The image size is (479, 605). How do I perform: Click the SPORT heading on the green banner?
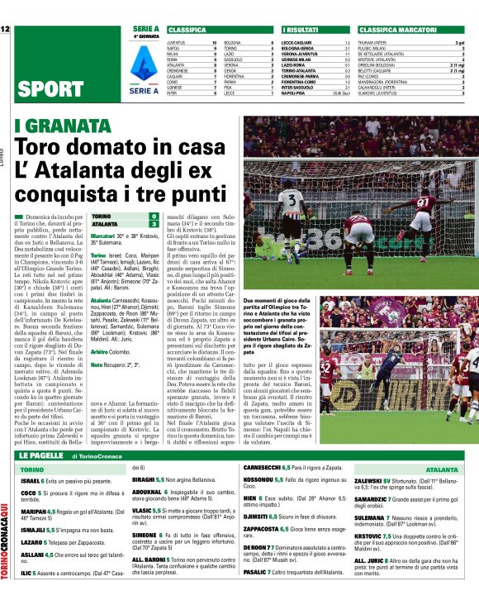click(x=50, y=88)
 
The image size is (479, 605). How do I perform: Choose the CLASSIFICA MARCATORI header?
click(x=395, y=29)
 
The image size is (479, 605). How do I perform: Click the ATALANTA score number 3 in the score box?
click(x=154, y=224)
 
